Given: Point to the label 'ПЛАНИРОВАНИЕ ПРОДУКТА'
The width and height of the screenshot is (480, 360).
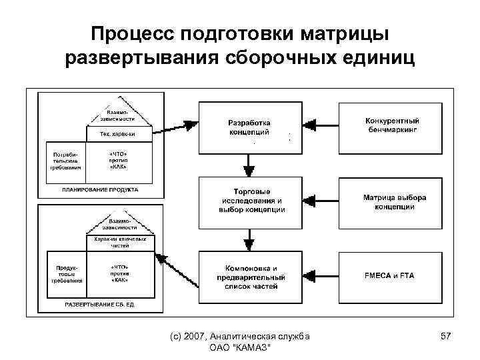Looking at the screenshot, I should [100, 189].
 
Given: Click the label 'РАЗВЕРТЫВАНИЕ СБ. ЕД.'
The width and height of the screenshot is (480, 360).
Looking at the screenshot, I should [100, 304].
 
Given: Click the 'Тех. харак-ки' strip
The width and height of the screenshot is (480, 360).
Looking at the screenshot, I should [119, 134].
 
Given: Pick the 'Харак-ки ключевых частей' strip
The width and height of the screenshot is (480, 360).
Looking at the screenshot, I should [120, 242].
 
